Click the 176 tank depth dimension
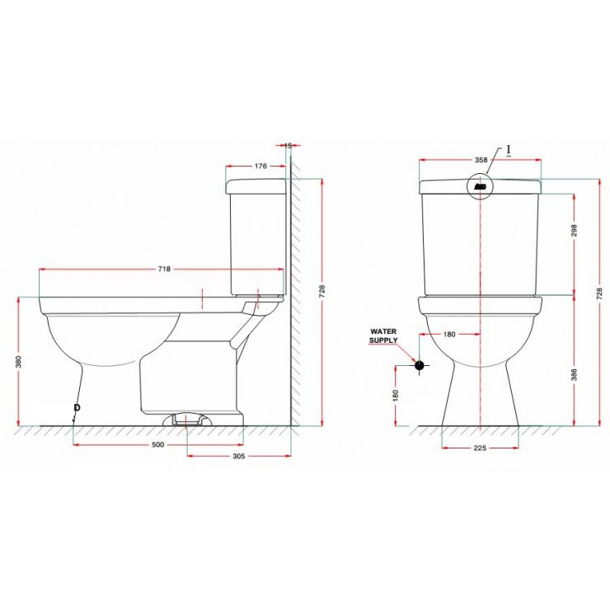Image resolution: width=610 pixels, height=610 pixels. [260, 166]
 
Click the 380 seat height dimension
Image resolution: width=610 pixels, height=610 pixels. [17, 363]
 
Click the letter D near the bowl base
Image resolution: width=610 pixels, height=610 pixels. [77, 408]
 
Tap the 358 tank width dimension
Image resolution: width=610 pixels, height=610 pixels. [481, 159]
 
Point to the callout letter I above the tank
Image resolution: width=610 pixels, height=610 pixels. [509, 150]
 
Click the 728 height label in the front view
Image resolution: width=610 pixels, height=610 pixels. [600, 291]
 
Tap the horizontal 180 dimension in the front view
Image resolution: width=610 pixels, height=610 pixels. [449, 334]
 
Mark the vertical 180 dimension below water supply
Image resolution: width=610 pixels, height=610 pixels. [396, 395]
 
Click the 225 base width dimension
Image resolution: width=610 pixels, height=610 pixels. [481, 448]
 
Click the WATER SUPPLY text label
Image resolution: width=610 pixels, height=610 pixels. [383, 335]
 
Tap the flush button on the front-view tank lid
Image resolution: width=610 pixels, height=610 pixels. [481, 186]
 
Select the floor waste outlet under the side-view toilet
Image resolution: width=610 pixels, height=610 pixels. [190, 420]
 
